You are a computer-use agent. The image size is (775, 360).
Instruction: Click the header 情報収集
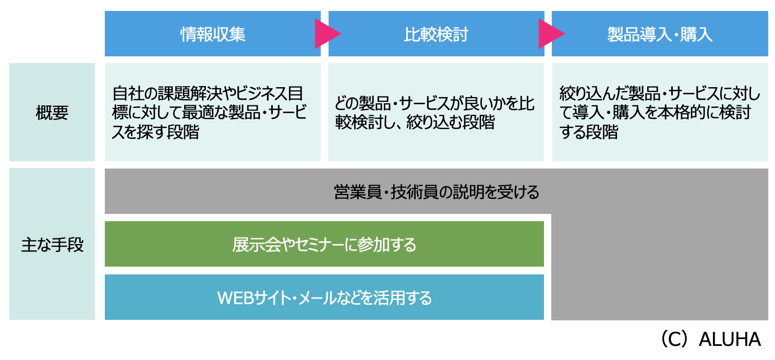(213, 34)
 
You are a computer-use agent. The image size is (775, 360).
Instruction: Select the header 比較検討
(436, 34)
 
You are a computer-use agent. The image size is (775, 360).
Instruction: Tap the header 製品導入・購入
(660, 34)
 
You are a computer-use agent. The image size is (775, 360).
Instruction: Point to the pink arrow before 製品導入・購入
(549, 34)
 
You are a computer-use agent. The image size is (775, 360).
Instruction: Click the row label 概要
(52, 113)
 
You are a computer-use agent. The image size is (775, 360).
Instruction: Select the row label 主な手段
(52, 245)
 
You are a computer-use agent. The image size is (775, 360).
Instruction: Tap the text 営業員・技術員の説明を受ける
(436, 193)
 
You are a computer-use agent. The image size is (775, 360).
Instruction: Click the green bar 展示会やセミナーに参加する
(324, 244)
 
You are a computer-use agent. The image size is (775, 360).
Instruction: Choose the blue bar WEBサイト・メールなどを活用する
(324, 298)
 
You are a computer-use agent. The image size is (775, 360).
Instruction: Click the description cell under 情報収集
(213, 112)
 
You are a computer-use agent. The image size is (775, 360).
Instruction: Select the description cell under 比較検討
(436, 112)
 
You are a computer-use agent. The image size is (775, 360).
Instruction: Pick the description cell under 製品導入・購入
(660, 112)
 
